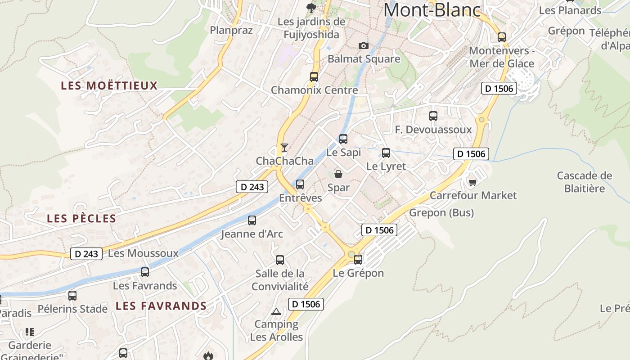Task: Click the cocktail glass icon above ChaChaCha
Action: pyautogui.click(x=284, y=147)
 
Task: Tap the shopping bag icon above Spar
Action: pyautogui.click(x=338, y=174)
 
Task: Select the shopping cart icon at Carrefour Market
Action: pyautogui.click(x=472, y=182)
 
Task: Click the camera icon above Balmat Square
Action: pyautogui.click(x=364, y=45)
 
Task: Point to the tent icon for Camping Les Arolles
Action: pyautogui.click(x=276, y=311)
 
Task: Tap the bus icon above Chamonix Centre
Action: pyautogui.click(x=314, y=76)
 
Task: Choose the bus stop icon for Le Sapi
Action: pyautogui.click(x=343, y=139)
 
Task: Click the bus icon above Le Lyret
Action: pyautogui.click(x=386, y=153)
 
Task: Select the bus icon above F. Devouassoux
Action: pyautogui.click(x=433, y=116)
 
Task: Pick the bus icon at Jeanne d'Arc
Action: pyautogui.click(x=252, y=220)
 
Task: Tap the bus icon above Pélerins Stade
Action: pyautogui.click(x=72, y=295)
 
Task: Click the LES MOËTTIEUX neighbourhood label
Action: pyautogui.click(x=109, y=85)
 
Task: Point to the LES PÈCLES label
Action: pyautogui.click(x=81, y=219)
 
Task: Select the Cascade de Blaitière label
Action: pyautogui.click(x=585, y=181)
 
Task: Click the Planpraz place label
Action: pyautogui.click(x=231, y=30)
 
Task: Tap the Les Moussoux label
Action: pyautogui.click(x=143, y=253)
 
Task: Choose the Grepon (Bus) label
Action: pyautogui.click(x=441, y=212)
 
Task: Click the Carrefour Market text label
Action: pyautogui.click(x=473, y=195)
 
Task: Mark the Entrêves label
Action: pyautogui.click(x=301, y=198)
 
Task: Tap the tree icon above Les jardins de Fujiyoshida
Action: pyautogui.click(x=311, y=8)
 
